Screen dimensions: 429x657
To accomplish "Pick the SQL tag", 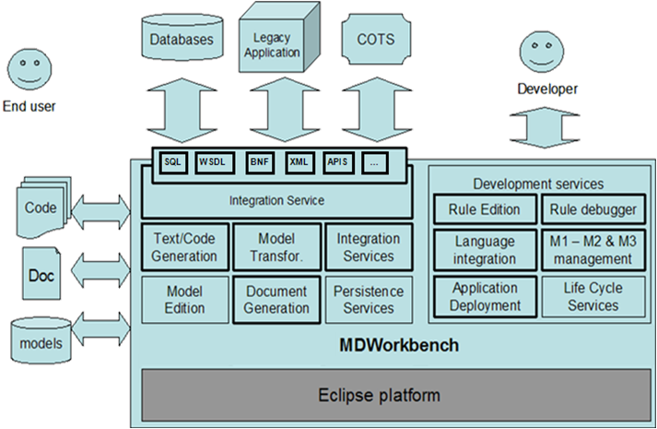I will click(x=173, y=161).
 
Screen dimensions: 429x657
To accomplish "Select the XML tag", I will click(x=299, y=161).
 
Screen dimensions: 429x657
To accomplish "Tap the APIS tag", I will click(x=338, y=161).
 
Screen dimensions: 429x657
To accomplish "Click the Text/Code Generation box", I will click(x=185, y=247).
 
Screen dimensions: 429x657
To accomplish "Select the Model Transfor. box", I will click(x=276, y=247).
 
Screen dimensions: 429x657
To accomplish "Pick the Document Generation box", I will click(x=276, y=299).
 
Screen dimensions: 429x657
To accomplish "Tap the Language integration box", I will click(x=485, y=249).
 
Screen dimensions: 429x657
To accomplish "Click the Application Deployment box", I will click(x=485, y=296).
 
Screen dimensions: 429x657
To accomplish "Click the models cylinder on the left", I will click(x=41, y=342).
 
